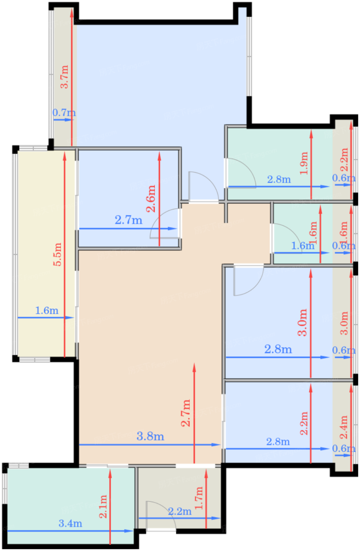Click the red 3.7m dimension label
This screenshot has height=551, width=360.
[65, 76]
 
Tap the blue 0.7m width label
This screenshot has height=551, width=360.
[64, 113]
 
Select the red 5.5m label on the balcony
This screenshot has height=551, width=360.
[58, 254]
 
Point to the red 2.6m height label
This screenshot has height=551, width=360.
[151, 198]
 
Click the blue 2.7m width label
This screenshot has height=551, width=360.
[128, 220]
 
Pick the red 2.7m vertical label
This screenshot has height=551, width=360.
[186, 413]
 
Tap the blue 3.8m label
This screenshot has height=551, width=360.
[150, 436]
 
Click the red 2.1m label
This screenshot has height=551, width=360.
[103, 507]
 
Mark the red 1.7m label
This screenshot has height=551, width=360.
[199, 498]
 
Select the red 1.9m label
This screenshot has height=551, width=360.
[304, 163]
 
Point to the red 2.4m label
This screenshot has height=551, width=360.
[344, 427]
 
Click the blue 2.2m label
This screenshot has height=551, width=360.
[180, 511]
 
